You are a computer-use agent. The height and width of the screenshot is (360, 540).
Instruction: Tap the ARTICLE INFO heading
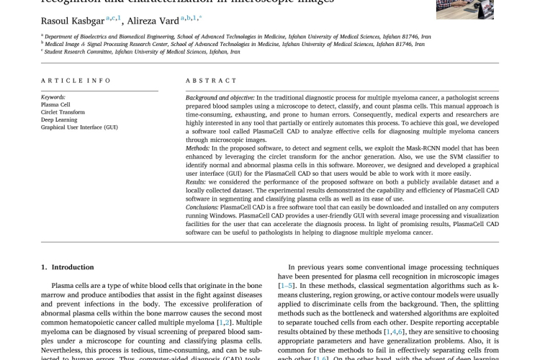[x=71, y=81]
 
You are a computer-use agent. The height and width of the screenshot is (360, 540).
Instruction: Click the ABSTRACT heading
[x=207, y=81]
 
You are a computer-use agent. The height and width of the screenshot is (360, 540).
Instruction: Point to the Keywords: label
[x=53, y=97]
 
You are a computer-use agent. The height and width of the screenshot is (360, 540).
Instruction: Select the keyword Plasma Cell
[x=55, y=104]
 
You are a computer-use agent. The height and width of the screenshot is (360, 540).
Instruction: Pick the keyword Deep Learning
[x=59, y=120]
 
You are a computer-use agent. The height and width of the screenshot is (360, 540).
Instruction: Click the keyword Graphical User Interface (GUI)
[x=79, y=127]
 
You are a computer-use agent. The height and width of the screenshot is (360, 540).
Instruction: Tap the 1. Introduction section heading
[x=68, y=267]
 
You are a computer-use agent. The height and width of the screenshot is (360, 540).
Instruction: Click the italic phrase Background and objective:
[x=219, y=97]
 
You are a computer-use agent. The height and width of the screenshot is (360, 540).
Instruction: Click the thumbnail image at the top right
[x=464, y=9]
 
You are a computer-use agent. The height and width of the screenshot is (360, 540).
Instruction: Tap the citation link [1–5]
[x=286, y=286]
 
